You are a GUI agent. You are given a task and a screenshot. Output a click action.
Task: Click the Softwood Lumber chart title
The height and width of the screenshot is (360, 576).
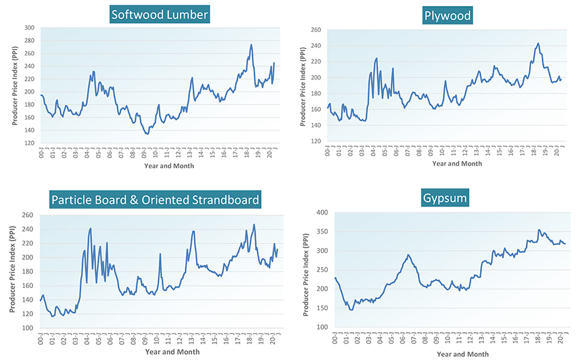tap(159, 14)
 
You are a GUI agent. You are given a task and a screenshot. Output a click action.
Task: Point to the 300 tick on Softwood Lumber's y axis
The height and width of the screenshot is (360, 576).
tap(29, 28)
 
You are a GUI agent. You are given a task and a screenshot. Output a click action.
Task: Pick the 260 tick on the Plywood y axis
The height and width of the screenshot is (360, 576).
tap(316, 30)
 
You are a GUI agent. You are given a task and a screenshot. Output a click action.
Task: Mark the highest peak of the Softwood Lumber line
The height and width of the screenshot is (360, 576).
tap(251, 45)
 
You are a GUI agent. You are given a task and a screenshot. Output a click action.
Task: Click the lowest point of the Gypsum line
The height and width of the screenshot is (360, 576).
tap(351, 310)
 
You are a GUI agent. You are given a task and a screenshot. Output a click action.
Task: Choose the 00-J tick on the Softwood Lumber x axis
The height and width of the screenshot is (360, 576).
tap(42, 154)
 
